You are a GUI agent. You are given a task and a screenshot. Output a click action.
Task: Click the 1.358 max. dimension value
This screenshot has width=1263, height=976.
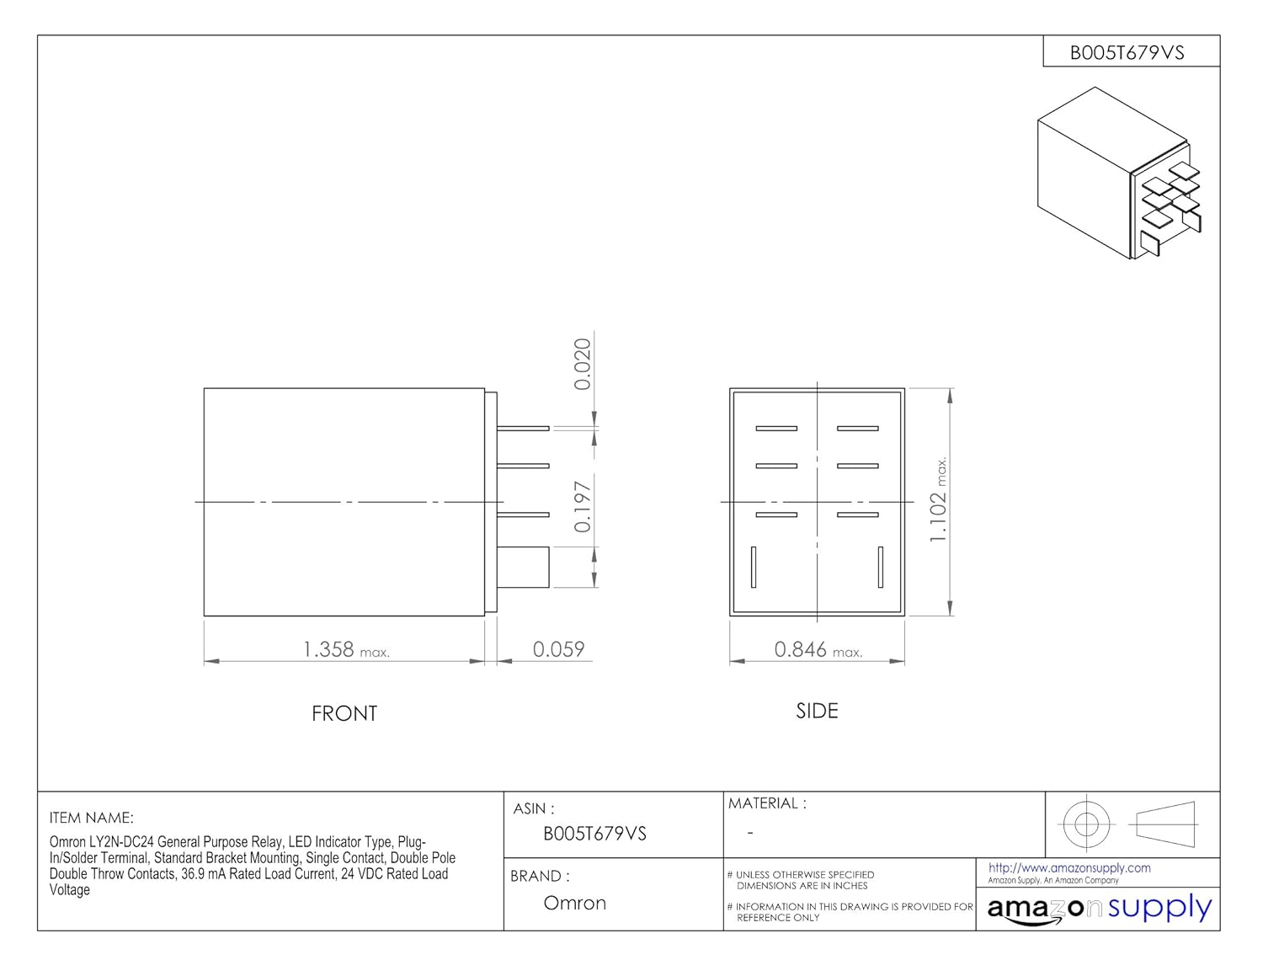tap(346, 649)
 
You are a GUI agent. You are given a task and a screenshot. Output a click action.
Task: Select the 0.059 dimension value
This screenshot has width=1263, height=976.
tap(558, 649)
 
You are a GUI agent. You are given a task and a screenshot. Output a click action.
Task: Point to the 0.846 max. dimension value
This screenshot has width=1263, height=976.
tap(818, 649)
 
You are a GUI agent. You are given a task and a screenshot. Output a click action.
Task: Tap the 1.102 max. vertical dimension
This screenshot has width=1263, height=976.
tap(937, 500)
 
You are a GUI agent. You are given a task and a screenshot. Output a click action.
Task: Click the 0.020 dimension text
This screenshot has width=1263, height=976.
tap(583, 365)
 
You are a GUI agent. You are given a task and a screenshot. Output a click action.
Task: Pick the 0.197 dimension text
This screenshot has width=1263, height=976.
tap(583, 507)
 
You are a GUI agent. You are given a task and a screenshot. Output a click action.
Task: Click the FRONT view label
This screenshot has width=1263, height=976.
tap(344, 714)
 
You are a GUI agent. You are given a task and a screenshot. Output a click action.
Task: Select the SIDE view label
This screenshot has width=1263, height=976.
tap(818, 711)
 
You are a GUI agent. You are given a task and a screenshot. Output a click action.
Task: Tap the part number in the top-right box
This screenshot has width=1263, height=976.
tap(1127, 53)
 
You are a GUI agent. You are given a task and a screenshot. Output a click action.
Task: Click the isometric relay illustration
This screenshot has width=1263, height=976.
tap(1119, 173)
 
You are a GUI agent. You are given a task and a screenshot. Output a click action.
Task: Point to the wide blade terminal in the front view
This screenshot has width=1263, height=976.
tap(523, 568)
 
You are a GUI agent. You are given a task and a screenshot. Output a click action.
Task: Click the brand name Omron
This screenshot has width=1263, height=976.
tap(575, 903)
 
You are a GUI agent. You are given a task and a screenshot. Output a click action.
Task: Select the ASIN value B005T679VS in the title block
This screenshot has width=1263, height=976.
tap(594, 834)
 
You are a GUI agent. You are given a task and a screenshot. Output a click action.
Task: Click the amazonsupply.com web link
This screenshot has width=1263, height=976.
tap(1069, 868)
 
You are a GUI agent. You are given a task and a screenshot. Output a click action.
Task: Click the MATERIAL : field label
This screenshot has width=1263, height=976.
tap(767, 803)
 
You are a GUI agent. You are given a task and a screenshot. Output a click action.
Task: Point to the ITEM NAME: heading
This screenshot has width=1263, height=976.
tap(91, 818)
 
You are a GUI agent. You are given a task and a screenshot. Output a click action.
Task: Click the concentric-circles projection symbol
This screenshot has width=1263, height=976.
tap(1085, 824)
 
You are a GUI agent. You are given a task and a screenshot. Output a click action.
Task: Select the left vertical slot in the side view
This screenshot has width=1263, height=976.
tap(754, 567)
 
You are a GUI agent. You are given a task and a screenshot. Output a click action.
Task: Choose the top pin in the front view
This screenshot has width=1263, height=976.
tap(523, 429)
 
